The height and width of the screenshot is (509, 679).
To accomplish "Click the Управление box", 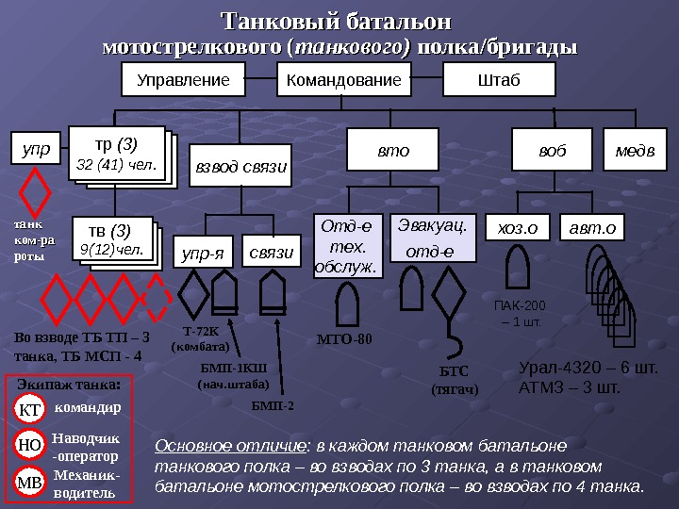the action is [183, 81].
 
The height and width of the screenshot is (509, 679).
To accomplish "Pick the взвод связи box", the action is [240, 166].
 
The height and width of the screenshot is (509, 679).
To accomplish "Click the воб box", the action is [553, 149].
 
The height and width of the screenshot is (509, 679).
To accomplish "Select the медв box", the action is [635, 149].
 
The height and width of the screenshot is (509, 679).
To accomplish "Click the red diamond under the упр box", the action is [36, 192].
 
